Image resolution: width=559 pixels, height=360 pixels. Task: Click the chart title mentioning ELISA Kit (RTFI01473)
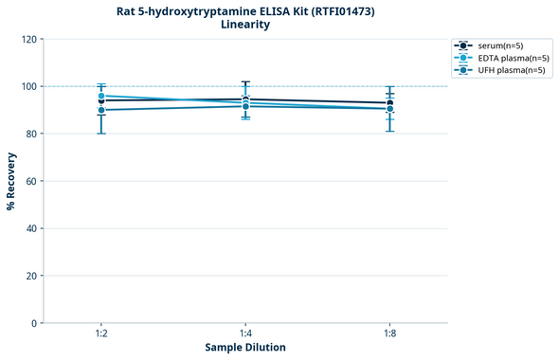245,10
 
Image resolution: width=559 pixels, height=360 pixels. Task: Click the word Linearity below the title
245,25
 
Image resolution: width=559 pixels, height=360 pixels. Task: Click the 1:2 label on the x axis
100,333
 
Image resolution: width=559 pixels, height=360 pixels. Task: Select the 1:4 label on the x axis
245,333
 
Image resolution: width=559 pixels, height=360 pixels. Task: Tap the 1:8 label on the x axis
389,333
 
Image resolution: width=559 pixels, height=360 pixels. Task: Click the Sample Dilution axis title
245,348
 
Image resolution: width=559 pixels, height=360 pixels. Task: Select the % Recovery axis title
10,181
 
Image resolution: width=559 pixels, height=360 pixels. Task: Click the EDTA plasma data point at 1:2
101,96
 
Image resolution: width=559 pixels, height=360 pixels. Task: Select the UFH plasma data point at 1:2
101,110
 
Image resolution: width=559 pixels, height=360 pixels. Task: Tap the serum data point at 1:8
390,103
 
